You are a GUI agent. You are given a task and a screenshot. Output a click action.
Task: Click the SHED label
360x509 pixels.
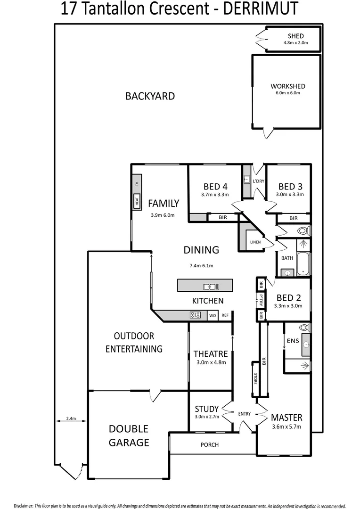coord(295,36)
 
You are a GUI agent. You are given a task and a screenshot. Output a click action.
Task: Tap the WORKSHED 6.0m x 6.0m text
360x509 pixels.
coord(287,89)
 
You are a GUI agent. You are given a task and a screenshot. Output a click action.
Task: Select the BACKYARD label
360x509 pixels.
coord(150,96)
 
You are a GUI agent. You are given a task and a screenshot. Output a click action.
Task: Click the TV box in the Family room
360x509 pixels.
coord(137,184)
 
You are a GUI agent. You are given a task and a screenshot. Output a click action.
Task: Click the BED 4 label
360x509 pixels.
coord(216,186)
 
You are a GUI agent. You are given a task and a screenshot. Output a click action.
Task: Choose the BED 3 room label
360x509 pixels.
coord(290,186)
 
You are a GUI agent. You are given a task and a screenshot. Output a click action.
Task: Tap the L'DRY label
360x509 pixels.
coord(259,181)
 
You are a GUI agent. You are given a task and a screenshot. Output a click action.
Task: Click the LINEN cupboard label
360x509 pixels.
coord(255,242)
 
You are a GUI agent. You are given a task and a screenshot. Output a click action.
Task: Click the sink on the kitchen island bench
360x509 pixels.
coord(209,286)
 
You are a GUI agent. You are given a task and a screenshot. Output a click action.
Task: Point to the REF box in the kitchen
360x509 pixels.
coord(225,316)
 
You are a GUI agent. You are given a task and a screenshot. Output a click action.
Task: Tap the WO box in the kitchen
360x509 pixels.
coord(213,316)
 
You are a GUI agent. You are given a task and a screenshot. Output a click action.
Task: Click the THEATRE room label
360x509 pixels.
coord(211,353)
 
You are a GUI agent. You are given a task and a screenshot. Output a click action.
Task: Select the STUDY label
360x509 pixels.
coord(206,409)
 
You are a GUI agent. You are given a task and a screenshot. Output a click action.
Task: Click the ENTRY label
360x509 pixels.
coord(245,414)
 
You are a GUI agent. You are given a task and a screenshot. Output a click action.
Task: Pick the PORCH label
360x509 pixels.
coord(209,444)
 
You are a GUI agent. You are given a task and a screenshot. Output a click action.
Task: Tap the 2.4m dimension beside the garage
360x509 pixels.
coord(71,418)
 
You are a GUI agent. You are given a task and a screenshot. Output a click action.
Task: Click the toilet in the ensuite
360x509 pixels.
coord(303,328)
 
